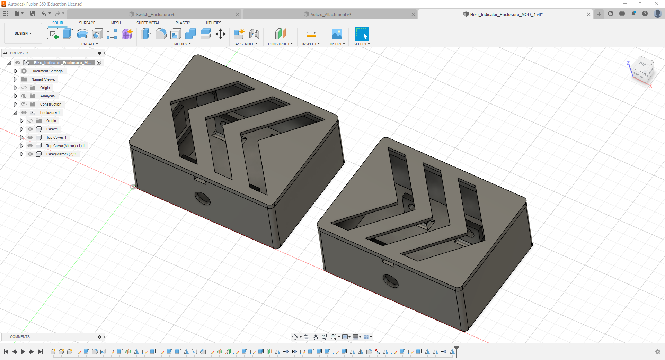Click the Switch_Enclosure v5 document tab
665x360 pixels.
click(x=155, y=14)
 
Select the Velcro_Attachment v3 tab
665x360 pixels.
click(x=330, y=14)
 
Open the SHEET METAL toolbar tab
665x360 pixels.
click(x=148, y=23)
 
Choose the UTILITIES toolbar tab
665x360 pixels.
click(x=213, y=23)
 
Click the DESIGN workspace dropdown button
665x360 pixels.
click(x=23, y=33)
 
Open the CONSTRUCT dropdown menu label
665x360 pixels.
click(x=280, y=44)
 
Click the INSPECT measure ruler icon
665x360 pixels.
click(x=311, y=34)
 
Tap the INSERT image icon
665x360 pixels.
click(x=337, y=34)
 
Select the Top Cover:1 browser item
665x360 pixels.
click(x=56, y=137)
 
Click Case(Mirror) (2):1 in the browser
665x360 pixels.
click(x=61, y=154)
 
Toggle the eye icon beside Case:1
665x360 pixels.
click(x=30, y=129)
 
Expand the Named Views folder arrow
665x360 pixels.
click(x=15, y=79)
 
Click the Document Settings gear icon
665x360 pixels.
click(x=24, y=71)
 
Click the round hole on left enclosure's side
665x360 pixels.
click(x=203, y=198)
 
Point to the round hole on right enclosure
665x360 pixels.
click(x=391, y=281)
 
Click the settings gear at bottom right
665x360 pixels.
click(x=657, y=352)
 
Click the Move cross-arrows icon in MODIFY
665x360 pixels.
click(x=220, y=34)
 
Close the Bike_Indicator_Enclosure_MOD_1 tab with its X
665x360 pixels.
click(x=588, y=14)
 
